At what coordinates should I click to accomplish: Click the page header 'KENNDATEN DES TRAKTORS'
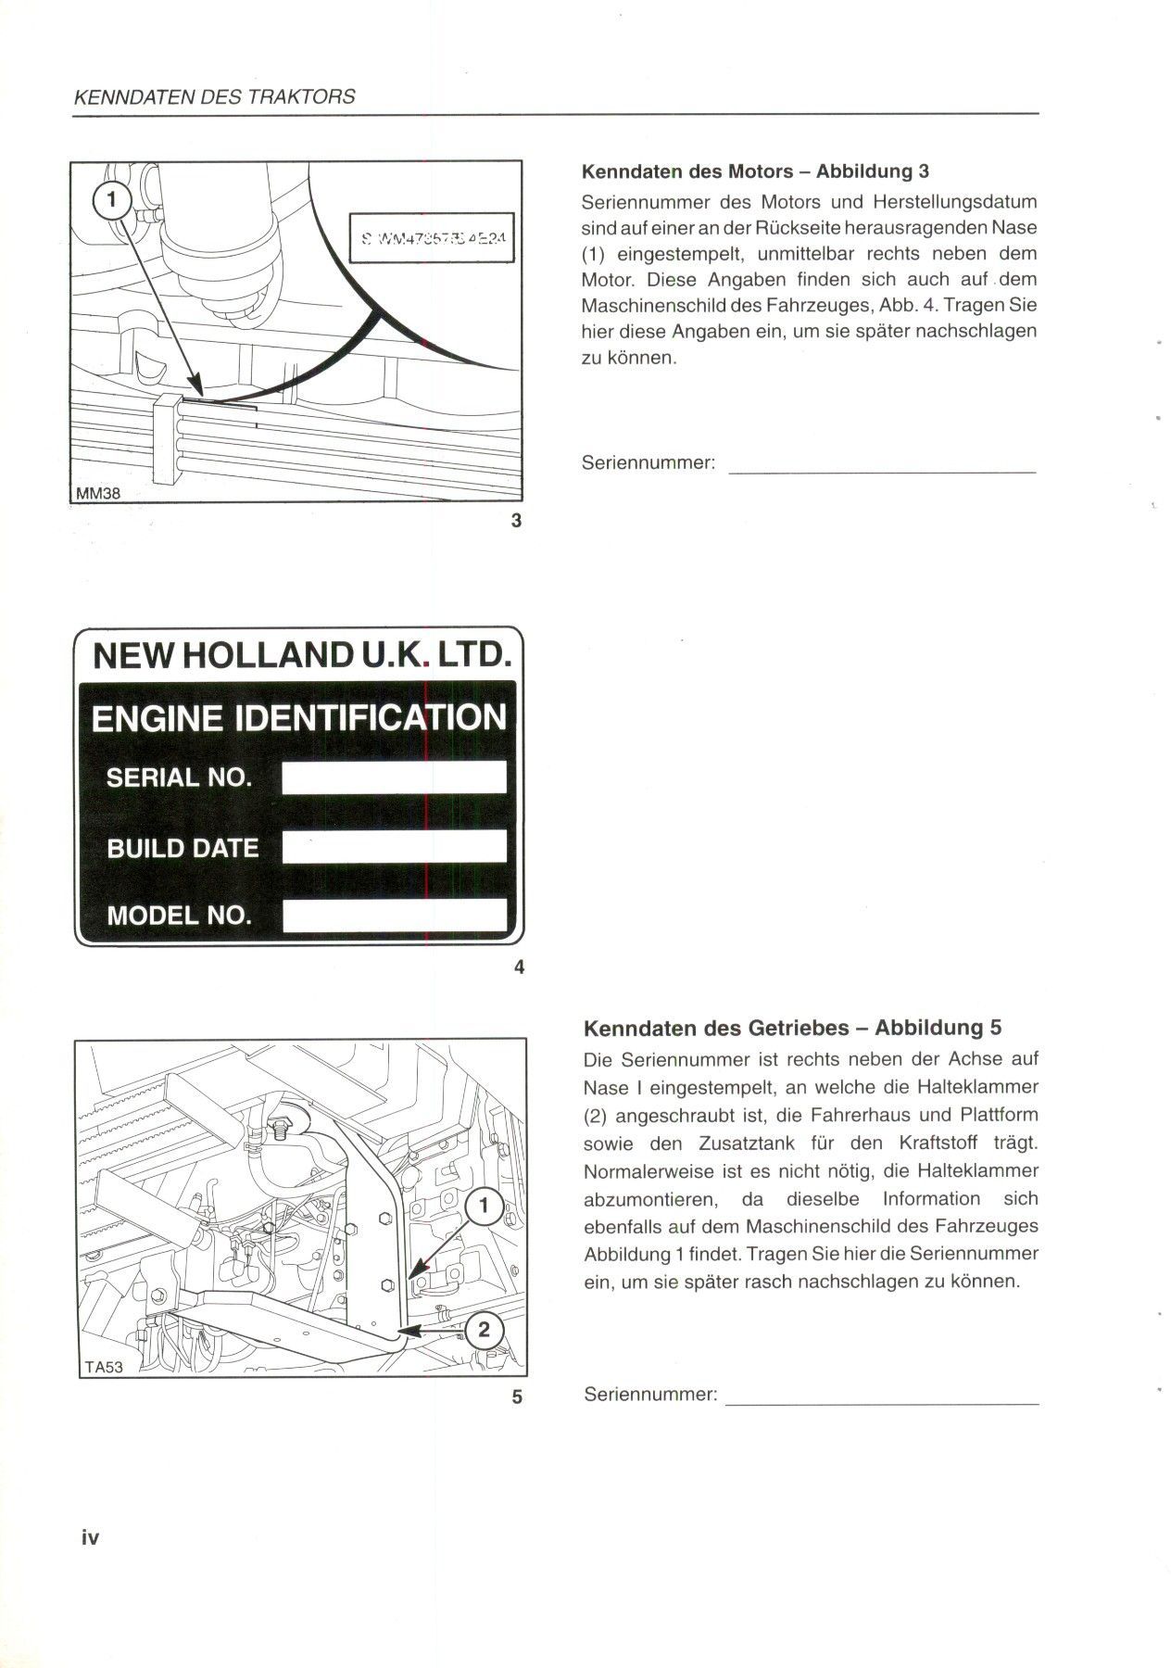click(x=214, y=96)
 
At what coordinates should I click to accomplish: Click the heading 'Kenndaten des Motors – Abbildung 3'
click(x=755, y=171)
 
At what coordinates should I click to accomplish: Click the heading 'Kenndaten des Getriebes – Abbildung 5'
click(x=792, y=1028)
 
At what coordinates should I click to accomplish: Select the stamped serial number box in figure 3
click(x=432, y=238)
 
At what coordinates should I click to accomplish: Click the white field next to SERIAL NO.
click(x=394, y=777)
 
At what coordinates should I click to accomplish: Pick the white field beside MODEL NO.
click(x=394, y=916)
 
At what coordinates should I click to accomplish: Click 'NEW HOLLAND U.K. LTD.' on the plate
click(x=302, y=656)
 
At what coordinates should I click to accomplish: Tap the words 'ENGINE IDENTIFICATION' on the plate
click(x=298, y=718)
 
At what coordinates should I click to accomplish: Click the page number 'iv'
click(x=90, y=1538)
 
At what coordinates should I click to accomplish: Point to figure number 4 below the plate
click(x=518, y=967)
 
